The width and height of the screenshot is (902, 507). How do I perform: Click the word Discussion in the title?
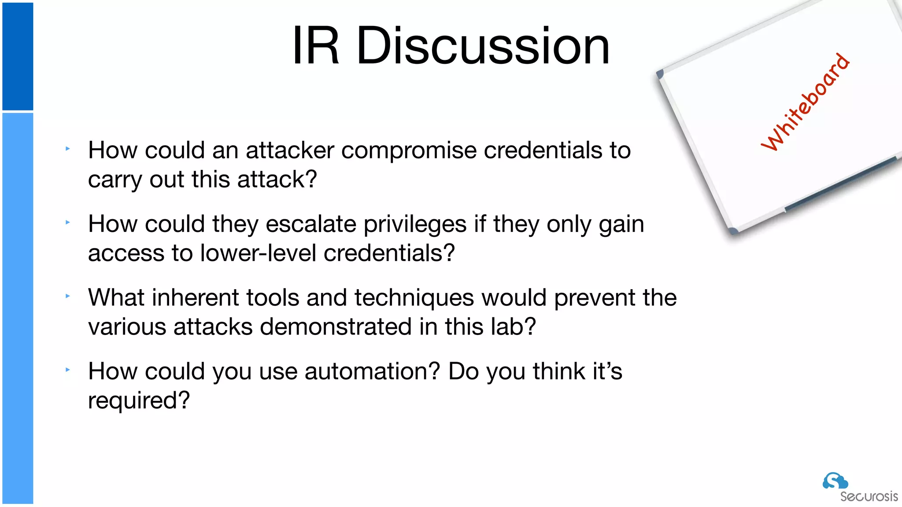click(483, 46)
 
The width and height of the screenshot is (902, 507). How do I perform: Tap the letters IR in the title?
click(315, 46)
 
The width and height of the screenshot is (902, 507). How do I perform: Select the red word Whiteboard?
click(805, 103)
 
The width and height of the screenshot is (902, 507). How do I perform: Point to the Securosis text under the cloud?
click(869, 496)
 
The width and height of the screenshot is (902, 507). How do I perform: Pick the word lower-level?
click(258, 253)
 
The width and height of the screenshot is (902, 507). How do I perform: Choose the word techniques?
click(414, 298)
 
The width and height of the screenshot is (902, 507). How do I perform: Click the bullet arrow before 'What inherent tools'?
click(68, 296)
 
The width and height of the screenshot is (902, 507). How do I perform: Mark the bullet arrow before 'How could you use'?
click(68, 370)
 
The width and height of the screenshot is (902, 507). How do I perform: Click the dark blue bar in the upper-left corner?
click(18, 56)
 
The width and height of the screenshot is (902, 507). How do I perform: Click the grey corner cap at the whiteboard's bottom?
click(733, 231)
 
